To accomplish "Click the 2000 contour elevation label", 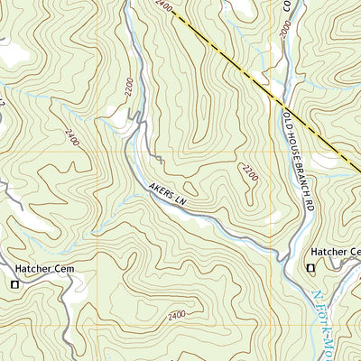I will (x=285, y=31).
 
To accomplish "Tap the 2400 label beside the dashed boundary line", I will (x=162, y=5).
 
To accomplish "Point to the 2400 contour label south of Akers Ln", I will (x=177, y=314).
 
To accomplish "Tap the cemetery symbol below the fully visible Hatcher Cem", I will (x=14, y=284).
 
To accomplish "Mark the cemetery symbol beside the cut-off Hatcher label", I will (x=311, y=268).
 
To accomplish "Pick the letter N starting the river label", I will (x=316, y=297).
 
